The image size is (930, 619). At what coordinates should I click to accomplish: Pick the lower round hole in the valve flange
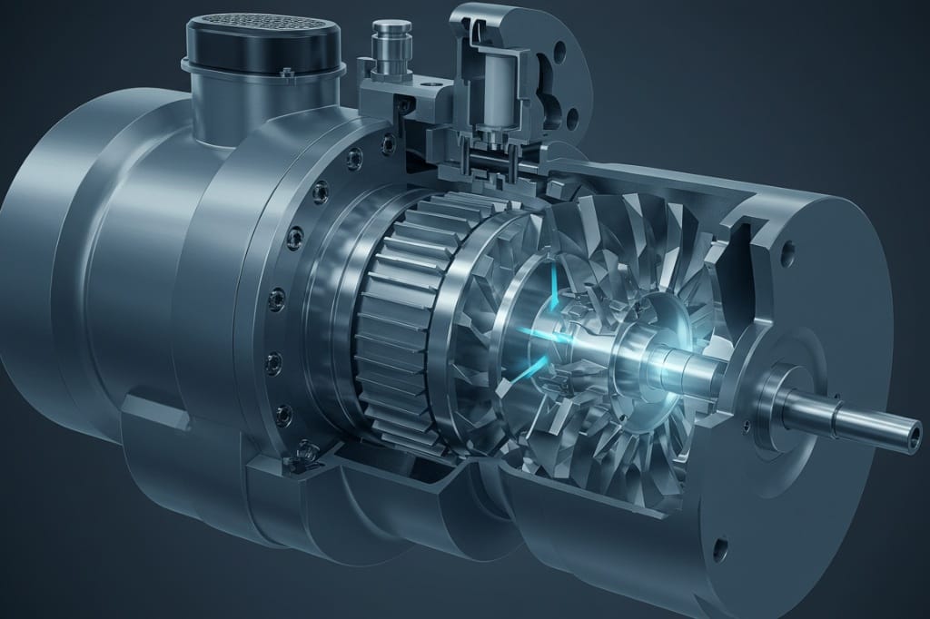pyautogui.click(x=571, y=117)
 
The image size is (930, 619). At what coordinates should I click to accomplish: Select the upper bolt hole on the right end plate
pyautogui.click(x=787, y=245)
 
